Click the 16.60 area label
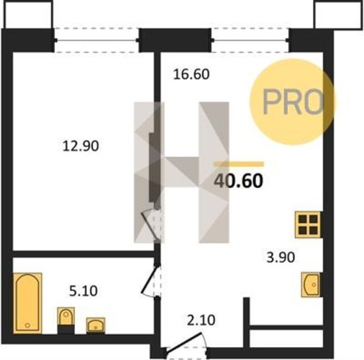click(191, 74)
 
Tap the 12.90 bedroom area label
click(81, 146)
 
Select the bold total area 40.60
click(239, 181)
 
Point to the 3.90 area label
click(281, 258)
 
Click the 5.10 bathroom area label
click(83, 291)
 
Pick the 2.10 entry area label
click(201, 320)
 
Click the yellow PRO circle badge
click(293, 102)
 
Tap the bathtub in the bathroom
click(27, 303)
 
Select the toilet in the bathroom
click(65, 320)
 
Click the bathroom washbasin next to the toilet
click(96, 325)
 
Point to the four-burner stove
click(308, 225)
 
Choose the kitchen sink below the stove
click(311, 284)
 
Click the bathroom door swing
click(150, 282)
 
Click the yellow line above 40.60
click(239, 164)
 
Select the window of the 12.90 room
click(96, 40)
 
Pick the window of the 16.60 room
click(250, 40)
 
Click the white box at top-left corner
click(28, 14)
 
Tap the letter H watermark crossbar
click(181, 172)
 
